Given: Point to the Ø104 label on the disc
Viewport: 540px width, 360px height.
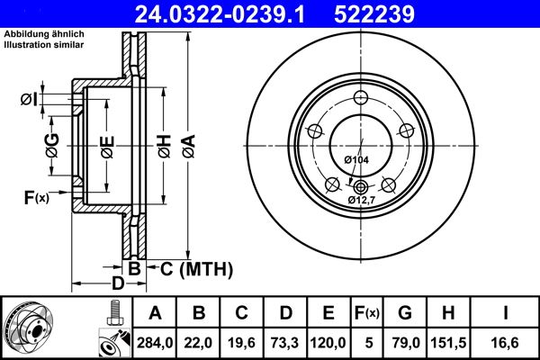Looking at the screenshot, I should click(x=356, y=159).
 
